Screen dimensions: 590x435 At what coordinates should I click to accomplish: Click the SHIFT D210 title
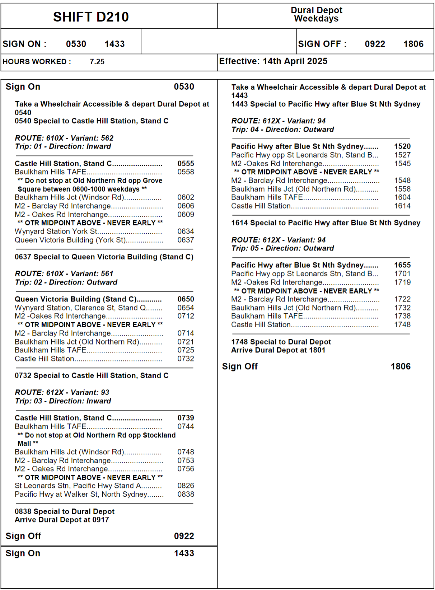(91, 17)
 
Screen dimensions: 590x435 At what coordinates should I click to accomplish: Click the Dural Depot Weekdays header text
(316, 14)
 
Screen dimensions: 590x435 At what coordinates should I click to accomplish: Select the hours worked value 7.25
(97, 62)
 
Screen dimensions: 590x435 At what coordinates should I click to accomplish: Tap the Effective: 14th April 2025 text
(273, 61)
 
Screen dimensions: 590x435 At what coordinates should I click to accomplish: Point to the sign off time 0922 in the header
(375, 44)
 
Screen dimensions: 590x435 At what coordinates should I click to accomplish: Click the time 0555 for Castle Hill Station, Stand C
(186, 164)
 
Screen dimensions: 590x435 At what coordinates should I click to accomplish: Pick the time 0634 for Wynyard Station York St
(186, 231)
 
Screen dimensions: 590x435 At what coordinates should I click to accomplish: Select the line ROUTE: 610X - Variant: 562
(64, 138)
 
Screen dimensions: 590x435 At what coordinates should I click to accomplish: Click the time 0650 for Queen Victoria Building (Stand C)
(186, 299)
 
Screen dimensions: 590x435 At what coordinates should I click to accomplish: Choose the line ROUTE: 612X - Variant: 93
(62, 393)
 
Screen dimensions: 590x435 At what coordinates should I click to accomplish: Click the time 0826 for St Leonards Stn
(186, 486)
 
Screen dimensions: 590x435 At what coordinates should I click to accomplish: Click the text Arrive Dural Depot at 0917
(62, 520)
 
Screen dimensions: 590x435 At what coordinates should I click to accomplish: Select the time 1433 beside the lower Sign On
(184, 553)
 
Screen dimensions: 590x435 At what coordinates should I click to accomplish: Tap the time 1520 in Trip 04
(402, 146)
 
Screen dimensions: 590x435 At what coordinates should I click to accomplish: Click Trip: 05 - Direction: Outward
(282, 248)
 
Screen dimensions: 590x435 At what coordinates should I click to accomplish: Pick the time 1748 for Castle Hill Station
(402, 325)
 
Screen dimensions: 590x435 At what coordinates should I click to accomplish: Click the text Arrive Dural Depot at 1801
(278, 350)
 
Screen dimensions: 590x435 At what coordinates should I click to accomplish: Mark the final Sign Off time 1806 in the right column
(401, 366)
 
